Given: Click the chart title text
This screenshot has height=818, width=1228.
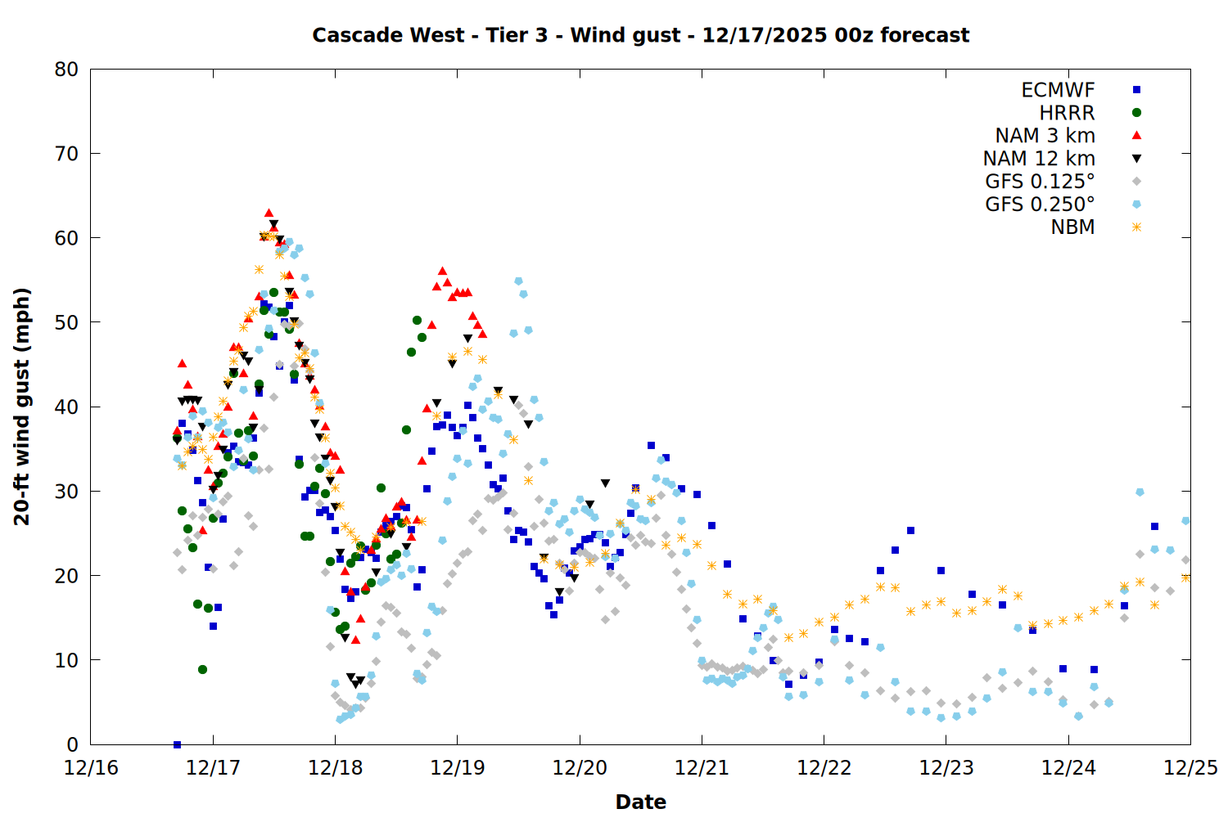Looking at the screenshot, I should click(640, 35).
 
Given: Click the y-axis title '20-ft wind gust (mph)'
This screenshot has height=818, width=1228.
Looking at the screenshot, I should click(22, 407).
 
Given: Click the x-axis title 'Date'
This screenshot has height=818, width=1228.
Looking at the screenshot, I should click(640, 802).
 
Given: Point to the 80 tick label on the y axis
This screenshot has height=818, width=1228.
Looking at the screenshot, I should click(66, 70).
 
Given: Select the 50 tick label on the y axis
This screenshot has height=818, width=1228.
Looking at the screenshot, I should click(66, 322).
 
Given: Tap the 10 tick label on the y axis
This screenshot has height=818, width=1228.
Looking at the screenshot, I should click(66, 660).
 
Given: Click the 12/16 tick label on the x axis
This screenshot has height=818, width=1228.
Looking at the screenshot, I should click(91, 768).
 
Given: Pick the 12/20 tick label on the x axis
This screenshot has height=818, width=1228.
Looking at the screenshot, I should click(580, 768).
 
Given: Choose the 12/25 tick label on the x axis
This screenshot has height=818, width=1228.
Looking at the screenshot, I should click(1190, 768).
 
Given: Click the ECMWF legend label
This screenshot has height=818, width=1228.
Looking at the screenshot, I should click(1058, 90).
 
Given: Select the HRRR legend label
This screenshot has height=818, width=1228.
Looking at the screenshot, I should click(1067, 113).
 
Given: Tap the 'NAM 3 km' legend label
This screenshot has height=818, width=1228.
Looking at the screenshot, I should click(1045, 136).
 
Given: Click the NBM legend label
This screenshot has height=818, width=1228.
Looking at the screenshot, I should click(1072, 227).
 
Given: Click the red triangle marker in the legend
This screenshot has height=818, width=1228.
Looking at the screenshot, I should click(1136, 135).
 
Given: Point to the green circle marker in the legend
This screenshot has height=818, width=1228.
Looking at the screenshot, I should click(1136, 113).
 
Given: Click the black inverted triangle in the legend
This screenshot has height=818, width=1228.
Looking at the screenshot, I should click(1136, 159).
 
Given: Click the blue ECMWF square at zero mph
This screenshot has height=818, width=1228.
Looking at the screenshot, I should click(177, 744).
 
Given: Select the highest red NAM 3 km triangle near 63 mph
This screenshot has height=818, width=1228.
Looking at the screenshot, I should click(269, 213).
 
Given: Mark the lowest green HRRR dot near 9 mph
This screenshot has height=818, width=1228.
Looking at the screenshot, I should click(202, 669).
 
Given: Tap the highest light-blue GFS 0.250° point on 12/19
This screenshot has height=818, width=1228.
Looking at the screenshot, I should click(518, 281).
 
